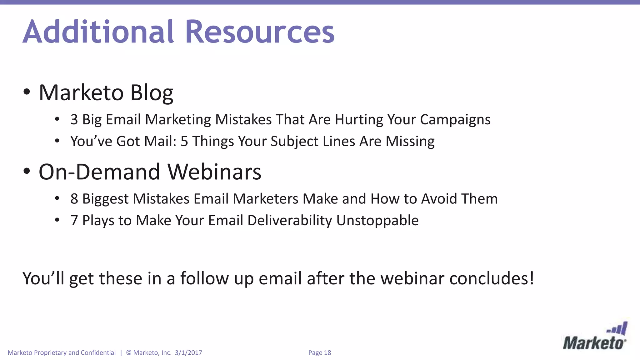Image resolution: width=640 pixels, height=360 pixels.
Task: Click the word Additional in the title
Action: [x=98, y=32]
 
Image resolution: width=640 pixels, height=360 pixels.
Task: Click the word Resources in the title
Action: [x=260, y=32]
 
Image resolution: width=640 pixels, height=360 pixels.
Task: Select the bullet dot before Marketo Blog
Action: [x=27, y=92]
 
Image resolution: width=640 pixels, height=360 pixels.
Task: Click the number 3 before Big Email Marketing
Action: [x=74, y=119]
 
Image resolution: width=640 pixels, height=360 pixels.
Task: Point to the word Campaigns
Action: [x=455, y=120]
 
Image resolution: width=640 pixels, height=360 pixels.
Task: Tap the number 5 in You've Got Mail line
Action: [x=184, y=141]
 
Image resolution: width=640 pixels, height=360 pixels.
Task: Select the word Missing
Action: [x=410, y=142]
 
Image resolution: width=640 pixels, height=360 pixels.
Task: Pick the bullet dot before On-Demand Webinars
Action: [x=27, y=171]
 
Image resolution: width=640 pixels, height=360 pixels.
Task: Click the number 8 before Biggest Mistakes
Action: [x=74, y=199]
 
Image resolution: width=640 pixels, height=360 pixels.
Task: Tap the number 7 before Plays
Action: [x=74, y=220]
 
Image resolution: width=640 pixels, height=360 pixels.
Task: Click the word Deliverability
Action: [x=290, y=221]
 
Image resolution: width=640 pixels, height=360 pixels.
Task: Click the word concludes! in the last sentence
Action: [x=492, y=278]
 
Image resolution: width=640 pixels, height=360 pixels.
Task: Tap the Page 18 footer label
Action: [x=319, y=353]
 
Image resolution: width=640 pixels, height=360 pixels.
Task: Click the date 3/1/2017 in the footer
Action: [x=188, y=353]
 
